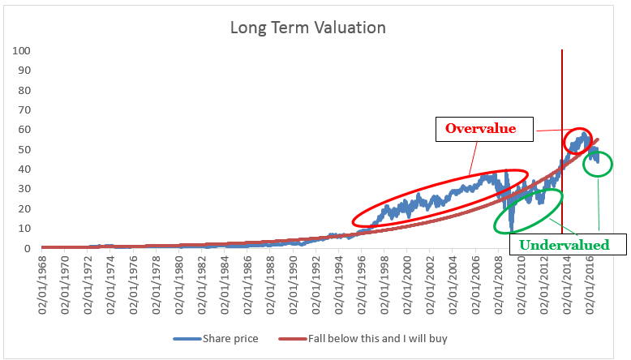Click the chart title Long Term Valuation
pyautogui.click(x=307, y=28)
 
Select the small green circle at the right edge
pyautogui.click(x=598, y=165)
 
